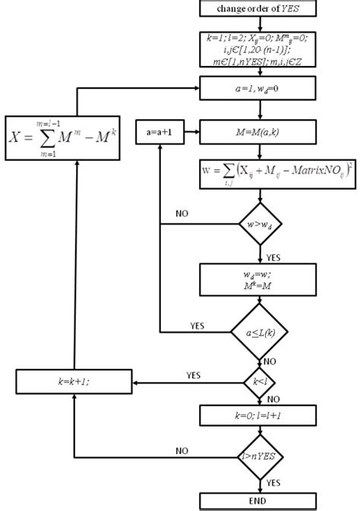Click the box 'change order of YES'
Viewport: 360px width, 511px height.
[x=261, y=8]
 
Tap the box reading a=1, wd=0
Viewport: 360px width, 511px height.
[x=261, y=88]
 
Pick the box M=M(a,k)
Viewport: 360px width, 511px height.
[x=261, y=131]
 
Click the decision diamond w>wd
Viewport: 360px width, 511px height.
[x=261, y=225]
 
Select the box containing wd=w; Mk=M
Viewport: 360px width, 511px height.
[x=261, y=279]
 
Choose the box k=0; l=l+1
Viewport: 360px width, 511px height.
[x=261, y=415]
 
